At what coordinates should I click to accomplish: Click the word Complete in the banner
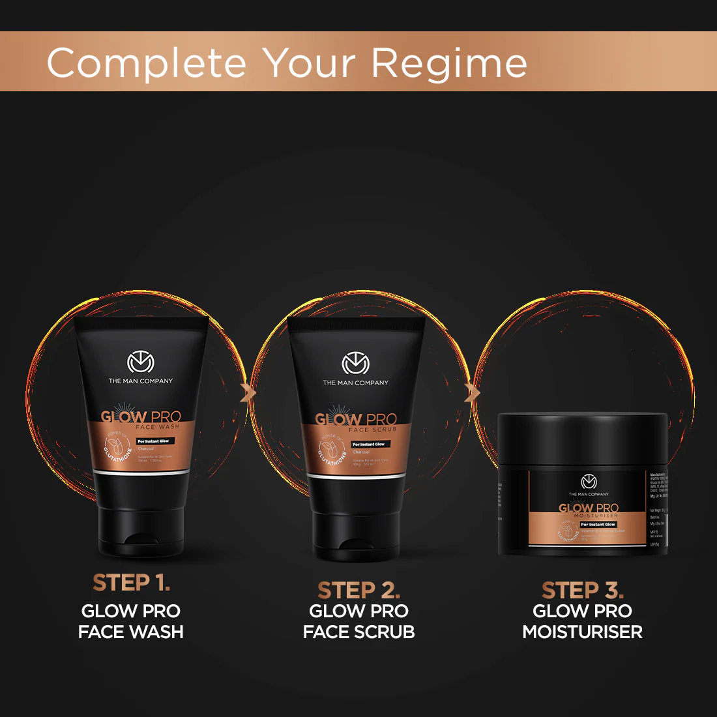(x=147, y=63)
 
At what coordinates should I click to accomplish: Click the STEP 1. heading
(x=131, y=583)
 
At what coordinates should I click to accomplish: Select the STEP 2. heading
(x=358, y=590)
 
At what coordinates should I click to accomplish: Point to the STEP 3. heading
(x=583, y=590)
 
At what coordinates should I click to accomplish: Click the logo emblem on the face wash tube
(x=140, y=362)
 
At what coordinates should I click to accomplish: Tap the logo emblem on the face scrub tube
(x=355, y=364)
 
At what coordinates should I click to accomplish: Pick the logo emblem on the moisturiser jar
(x=589, y=482)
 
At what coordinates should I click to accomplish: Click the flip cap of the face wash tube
(x=140, y=531)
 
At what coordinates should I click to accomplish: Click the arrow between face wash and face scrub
(x=248, y=393)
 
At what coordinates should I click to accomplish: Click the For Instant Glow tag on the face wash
(x=154, y=441)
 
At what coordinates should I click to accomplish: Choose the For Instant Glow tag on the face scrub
(x=370, y=445)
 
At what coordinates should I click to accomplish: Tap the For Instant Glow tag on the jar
(x=598, y=524)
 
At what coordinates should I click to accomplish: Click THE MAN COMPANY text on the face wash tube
(x=141, y=381)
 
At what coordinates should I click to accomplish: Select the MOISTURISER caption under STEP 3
(x=583, y=632)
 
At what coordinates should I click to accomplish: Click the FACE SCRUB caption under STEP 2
(x=358, y=632)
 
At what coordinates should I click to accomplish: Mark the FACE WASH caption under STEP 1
(x=131, y=632)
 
